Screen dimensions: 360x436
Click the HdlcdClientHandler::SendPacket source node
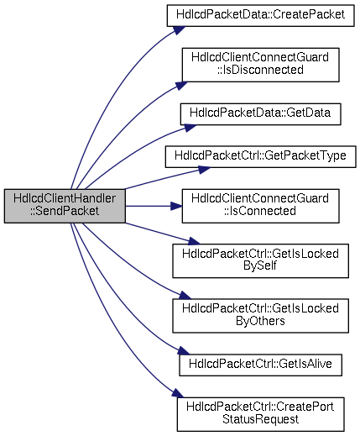pyautogui.click(x=65, y=206)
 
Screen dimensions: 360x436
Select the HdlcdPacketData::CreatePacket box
pyautogui.click(x=260, y=15)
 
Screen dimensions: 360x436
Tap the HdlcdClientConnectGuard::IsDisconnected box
pyautogui.click(x=260, y=65)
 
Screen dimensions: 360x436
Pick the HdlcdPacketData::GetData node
pyautogui.click(x=260, y=114)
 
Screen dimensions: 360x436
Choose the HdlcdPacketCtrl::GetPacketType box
pyautogui.click(x=260, y=157)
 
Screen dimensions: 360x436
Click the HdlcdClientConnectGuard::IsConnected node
pyautogui.click(x=260, y=206)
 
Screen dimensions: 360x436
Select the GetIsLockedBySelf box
pyautogui.click(x=260, y=260)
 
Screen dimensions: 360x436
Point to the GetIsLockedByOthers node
pyautogui.click(x=260, y=316)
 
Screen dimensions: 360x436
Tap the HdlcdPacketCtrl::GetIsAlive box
pyautogui.click(x=260, y=365)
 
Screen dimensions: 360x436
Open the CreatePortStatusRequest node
pyautogui.click(x=260, y=414)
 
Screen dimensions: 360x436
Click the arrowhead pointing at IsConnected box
pyautogui.click(x=176, y=206)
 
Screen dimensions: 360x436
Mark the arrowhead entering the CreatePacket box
pyautogui.click(x=178, y=30)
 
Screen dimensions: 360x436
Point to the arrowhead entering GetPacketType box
pyautogui.click(x=203, y=170)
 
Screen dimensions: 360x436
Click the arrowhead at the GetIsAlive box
pyautogui.click(x=184, y=351)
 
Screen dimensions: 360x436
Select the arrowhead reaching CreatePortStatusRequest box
pyautogui.click(x=178, y=393)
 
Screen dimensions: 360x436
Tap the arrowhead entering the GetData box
pyautogui.click(x=190, y=128)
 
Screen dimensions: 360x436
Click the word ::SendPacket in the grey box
pyautogui.click(x=65, y=212)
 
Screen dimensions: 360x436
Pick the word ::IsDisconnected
pyautogui.click(x=260, y=70)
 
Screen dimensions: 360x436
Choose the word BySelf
pyautogui.click(x=260, y=266)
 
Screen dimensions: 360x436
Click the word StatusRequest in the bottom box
pyautogui.click(x=260, y=419)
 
